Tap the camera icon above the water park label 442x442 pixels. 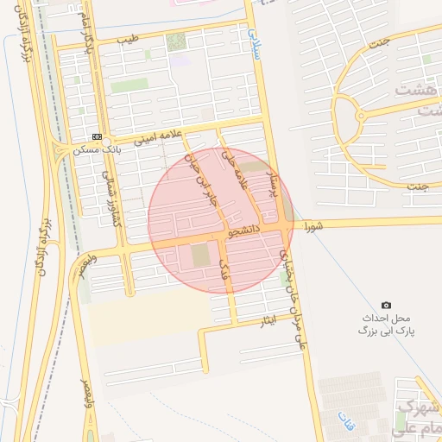(386, 306)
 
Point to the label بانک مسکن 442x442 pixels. (122, 149)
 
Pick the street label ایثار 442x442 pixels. (268, 321)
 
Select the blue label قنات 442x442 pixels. (347, 421)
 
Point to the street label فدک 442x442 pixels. (226, 267)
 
